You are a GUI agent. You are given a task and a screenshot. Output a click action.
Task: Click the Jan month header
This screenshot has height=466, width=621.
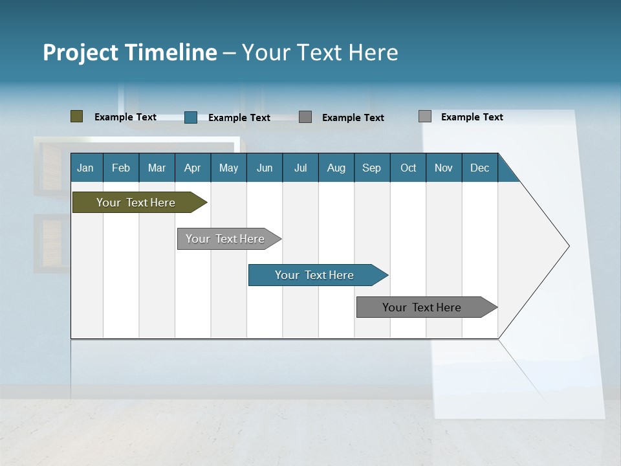click(x=85, y=168)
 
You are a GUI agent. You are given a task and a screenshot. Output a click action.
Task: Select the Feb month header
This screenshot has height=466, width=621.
click(x=121, y=168)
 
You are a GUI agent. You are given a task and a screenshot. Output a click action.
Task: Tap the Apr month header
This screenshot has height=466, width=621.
click(x=192, y=168)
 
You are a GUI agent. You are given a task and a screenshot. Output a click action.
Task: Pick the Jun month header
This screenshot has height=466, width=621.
click(x=265, y=168)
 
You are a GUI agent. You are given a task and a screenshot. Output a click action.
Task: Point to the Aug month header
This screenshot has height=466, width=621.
click(x=336, y=168)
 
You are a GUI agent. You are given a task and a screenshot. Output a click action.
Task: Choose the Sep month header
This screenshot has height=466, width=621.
click(x=371, y=168)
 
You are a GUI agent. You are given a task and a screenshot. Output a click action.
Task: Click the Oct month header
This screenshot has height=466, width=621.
click(x=408, y=168)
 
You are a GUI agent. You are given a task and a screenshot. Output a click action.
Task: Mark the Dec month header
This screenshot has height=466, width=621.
click(x=479, y=168)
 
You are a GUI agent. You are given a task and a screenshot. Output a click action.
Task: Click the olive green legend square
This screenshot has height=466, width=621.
click(x=76, y=116)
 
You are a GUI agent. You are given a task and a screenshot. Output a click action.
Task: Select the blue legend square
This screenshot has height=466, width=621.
click(x=190, y=117)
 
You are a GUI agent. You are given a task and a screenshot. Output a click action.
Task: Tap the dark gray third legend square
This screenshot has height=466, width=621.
click(x=305, y=117)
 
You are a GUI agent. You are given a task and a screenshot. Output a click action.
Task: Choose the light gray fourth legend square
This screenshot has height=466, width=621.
click(x=424, y=116)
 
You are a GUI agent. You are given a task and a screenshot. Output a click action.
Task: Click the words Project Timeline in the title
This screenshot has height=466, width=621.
click(x=129, y=52)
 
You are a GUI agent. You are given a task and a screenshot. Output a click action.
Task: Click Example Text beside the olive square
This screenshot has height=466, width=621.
click(x=125, y=117)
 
